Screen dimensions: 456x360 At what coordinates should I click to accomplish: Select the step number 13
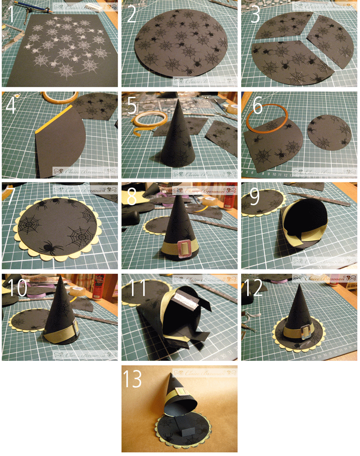click(132, 379)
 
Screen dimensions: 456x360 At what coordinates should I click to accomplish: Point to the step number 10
click(16, 287)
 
